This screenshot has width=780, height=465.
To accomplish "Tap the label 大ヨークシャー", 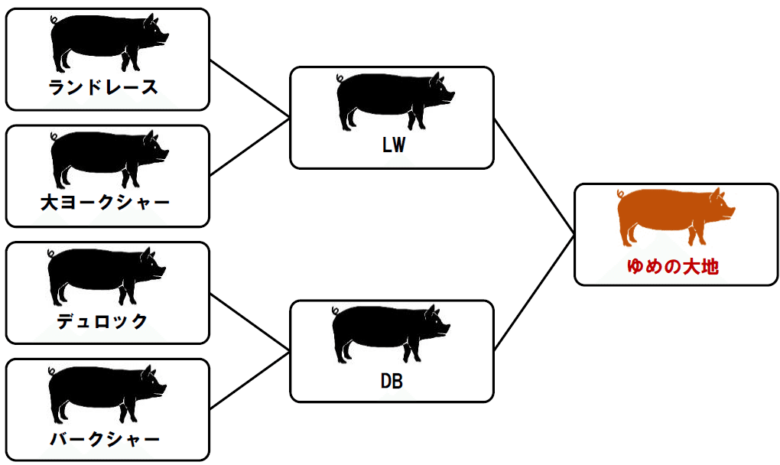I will coord(105,203).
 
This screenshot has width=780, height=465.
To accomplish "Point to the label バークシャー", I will coord(105,439).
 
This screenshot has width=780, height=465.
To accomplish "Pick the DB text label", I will coord(392,380).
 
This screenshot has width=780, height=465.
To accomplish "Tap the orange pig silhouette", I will coord(673,216).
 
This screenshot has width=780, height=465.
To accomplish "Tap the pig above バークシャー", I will coord(105,392).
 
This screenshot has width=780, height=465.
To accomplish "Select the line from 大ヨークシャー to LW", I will coord(250,147).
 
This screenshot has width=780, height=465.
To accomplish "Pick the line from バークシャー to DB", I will coord(250,380).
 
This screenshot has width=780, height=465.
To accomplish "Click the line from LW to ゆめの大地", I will coord(534,176).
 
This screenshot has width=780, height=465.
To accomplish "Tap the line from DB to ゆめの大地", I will coord(534,293).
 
